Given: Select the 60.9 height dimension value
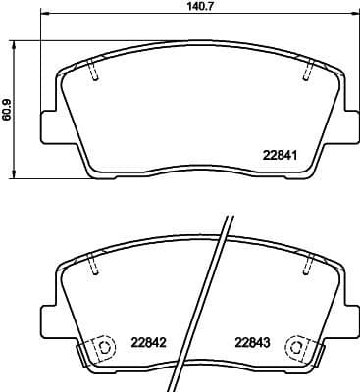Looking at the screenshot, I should pyautogui.click(x=9, y=108).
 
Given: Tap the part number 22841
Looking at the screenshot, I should pyautogui.click(x=280, y=153).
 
